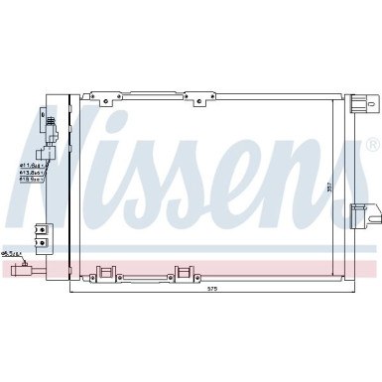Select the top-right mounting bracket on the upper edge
click(204, 99)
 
